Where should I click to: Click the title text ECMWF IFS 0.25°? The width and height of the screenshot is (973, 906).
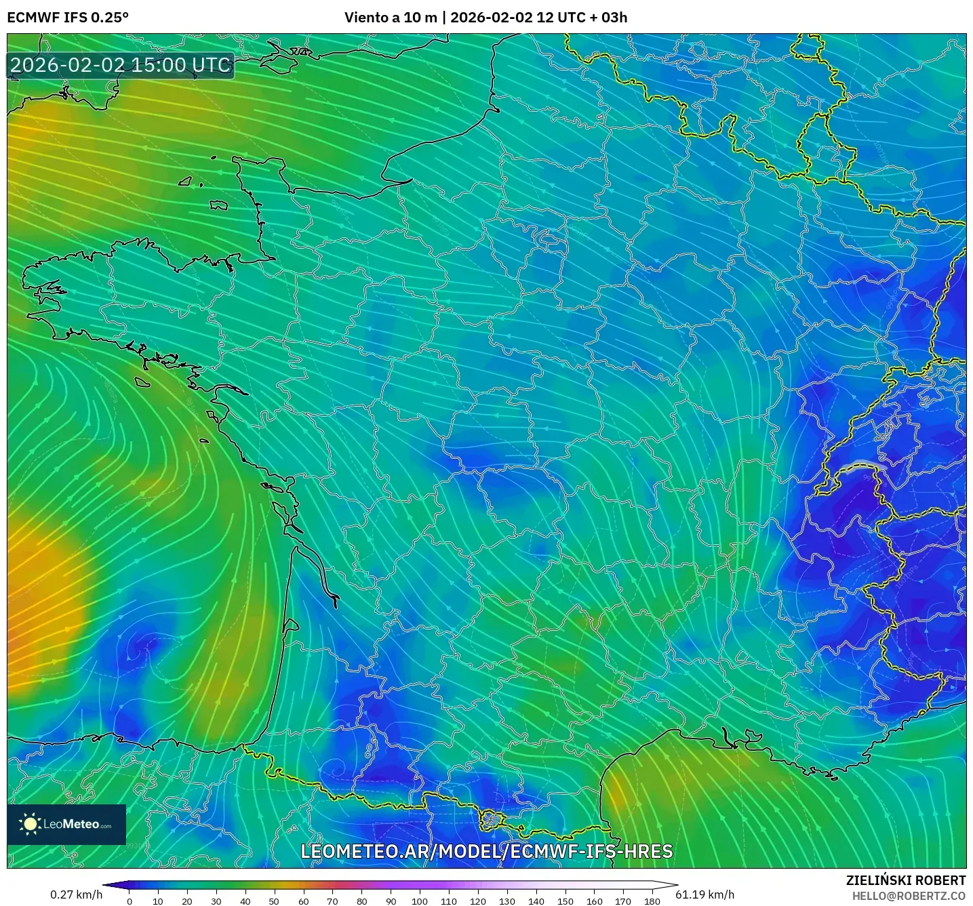tap(68, 18)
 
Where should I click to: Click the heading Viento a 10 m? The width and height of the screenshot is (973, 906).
tap(391, 18)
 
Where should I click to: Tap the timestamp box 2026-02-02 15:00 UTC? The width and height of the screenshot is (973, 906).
tap(121, 65)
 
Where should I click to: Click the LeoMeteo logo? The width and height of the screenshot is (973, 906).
tap(66, 824)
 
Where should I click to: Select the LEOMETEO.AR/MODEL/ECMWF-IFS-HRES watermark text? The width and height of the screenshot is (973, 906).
tap(486, 851)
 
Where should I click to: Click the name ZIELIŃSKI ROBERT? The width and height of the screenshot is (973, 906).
tap(906, 880)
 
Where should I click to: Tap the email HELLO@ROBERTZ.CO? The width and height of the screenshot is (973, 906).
tap(909, 896)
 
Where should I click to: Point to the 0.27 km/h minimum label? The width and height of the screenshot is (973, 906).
tap(76, 894)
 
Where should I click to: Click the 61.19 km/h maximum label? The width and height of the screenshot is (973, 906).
tap(705, 894)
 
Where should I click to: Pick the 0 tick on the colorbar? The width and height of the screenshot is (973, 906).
tap(130, 901)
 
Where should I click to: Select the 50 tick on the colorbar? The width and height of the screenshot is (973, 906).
tap(274, 901)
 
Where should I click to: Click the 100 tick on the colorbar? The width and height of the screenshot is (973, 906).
tap(420, 901)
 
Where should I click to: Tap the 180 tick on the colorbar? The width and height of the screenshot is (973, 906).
tap(652, 901)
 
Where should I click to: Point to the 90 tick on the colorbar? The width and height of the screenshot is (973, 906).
tap(391, 901)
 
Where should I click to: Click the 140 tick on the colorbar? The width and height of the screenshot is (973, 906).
tap(536, 901)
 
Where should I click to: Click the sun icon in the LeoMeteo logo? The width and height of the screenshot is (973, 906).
tap(31, 824)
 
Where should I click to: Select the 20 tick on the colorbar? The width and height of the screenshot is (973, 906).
tap(187, 901)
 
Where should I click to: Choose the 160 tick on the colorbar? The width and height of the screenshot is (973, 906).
tap(595, 901)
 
